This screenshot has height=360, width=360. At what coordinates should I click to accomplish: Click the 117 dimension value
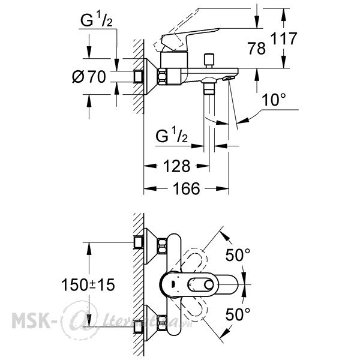click(284, 38)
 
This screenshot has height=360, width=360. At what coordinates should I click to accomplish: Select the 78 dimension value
click(256, 49)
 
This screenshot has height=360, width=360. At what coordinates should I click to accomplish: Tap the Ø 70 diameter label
click(89, 77)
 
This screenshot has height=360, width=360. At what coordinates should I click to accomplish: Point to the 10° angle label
click(274, 100)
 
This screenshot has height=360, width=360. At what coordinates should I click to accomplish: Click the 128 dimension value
click(176, 166)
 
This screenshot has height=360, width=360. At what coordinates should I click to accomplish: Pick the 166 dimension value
click(186, 188)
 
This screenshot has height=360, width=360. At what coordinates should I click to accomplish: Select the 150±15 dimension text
click(88, 284)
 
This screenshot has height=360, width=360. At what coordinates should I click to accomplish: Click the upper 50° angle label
click(238, 255)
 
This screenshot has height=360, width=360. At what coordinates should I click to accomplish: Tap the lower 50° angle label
click(238, 314)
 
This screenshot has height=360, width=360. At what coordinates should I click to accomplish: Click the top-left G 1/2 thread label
click(97, 20)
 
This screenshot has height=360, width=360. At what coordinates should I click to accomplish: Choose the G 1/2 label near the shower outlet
click(172, 136)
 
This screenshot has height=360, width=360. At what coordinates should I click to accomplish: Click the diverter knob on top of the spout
click(209, 61)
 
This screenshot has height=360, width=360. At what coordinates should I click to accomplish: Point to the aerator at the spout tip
click(228, 79)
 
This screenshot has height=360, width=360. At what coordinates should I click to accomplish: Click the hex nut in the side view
click(162, 77)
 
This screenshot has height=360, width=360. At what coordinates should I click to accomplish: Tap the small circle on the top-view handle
click(209, 285)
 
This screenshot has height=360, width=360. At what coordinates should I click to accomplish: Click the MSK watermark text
click(31, 320)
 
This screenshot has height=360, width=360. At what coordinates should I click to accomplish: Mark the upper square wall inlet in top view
click(139, 242)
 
